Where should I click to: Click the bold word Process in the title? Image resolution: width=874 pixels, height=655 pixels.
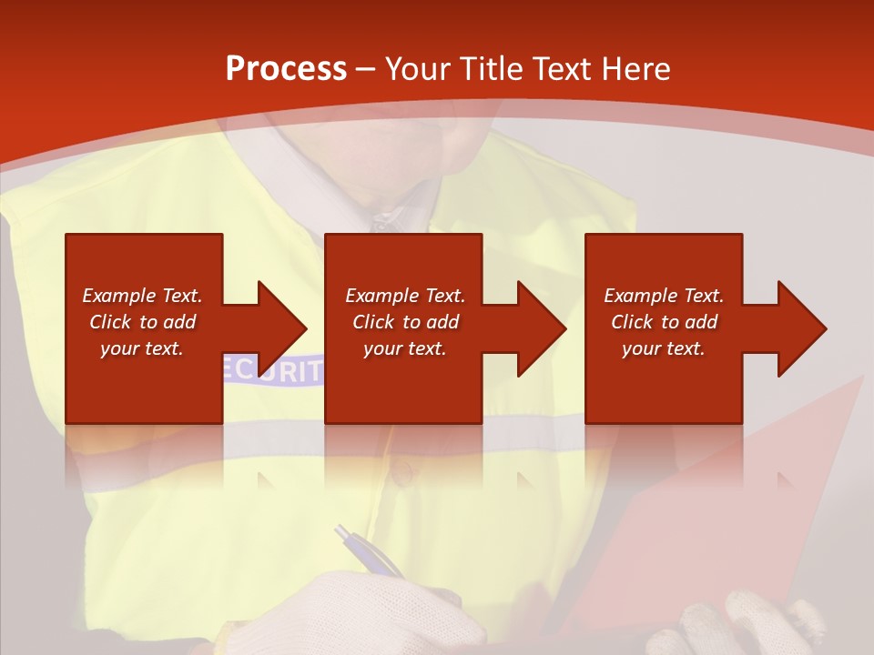[x=286, y=69]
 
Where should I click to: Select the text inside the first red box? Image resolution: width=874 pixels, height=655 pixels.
[x=142, y=322]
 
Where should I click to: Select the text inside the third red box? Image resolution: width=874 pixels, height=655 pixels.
[x=664, y=322]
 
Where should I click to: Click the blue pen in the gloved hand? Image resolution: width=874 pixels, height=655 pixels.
[x=368, y=551]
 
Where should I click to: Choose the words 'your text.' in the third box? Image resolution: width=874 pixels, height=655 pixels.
[x=664, y=348]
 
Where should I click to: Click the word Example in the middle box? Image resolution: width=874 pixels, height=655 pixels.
[x=373, y=296]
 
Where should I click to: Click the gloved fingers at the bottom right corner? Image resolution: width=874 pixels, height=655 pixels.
[x=774, y=628]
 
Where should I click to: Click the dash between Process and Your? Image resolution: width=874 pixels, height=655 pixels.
[x=366, y=69]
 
